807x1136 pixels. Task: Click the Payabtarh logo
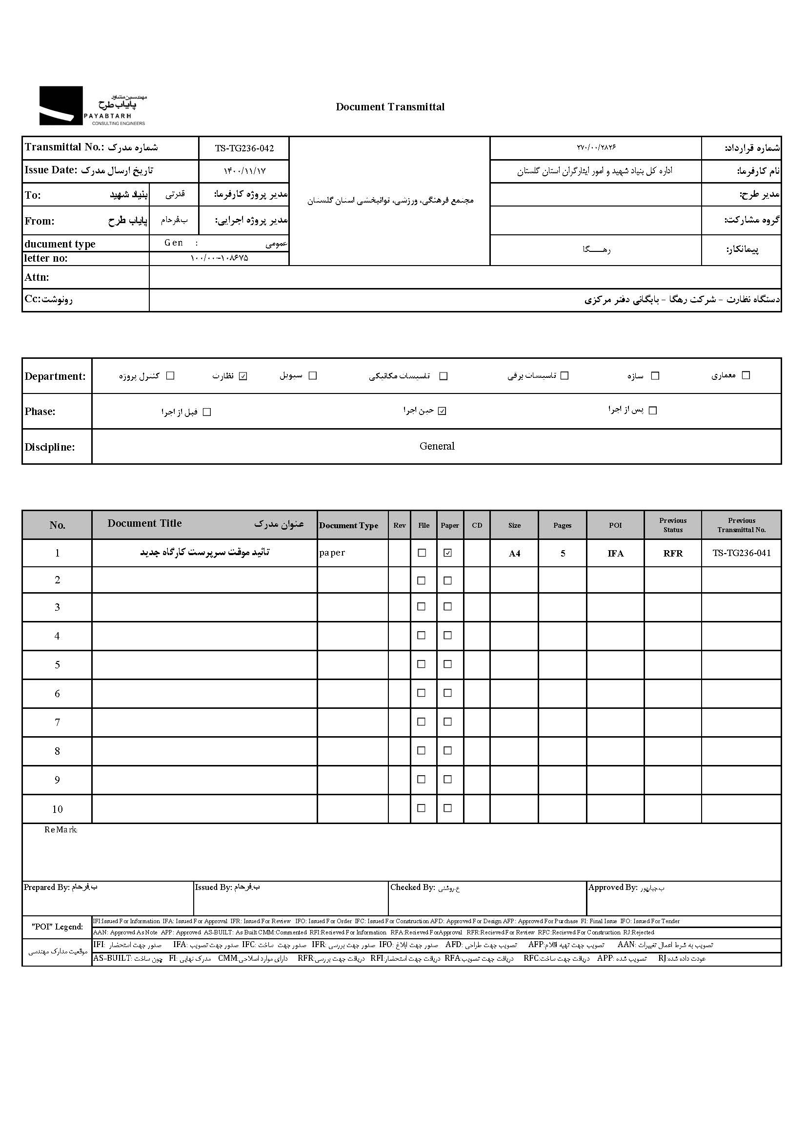point(92,106)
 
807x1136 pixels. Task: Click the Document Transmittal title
point(390,107)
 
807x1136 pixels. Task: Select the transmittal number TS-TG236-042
point(244,148)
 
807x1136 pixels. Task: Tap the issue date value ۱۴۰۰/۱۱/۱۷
point(244,171)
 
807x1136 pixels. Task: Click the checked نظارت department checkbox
point(243,376)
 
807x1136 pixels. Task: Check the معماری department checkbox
point(746,375)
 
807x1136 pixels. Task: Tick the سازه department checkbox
point(655,376)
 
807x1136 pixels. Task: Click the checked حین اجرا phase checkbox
point(442,411)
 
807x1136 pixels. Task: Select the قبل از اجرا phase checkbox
point(207,412)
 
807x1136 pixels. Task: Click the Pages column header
point(562,525)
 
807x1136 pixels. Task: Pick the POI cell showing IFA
point(615,553)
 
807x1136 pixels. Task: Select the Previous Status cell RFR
point(673,553)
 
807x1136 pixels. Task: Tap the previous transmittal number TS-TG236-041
point(742,553)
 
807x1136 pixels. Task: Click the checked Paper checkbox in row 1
point(448,553)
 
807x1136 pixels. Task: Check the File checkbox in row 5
point(422,664)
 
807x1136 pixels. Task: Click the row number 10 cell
point(57,809)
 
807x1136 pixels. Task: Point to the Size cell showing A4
point(514,553)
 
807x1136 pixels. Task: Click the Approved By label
point(612,888)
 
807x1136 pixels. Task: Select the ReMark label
point(61,830)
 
